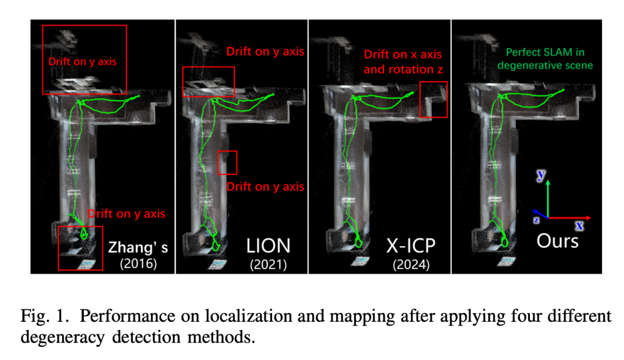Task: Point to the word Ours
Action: pos(557,240)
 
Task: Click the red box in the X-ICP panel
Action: pos(433,99)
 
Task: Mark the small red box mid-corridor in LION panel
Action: pos(227,162)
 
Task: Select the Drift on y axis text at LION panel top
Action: pos(265,51)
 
